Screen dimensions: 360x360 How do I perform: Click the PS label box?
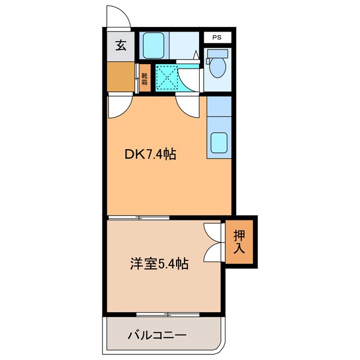(x=217, y=38)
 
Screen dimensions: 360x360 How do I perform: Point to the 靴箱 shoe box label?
(x=145, y=79)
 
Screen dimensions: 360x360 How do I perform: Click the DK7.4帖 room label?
(x=150, y=154)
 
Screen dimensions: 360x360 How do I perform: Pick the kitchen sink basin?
(x=219, y=143)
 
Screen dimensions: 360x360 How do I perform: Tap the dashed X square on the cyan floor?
(x=166, y=78)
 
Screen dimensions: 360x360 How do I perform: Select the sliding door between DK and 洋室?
(x=138, y=217)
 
